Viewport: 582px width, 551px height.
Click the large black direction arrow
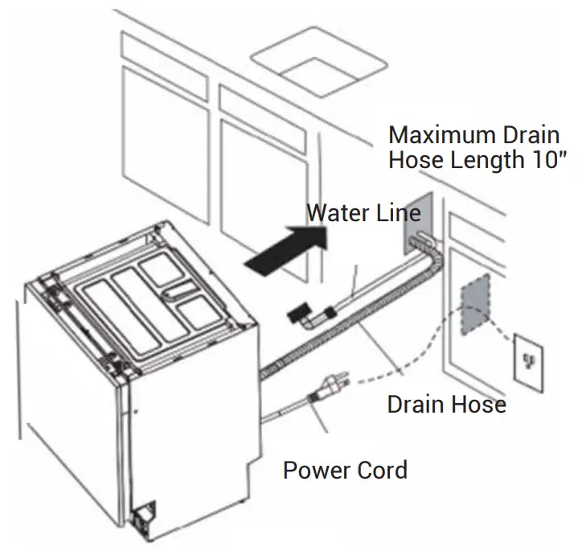click(x=285, y=249)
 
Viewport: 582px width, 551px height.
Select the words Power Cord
click(x=345, y=469)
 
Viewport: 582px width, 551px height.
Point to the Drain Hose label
click(x=446, y=404)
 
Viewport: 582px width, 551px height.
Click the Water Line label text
click(x=364, y=213)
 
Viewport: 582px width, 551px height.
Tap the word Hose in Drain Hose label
click(x=478, y=404)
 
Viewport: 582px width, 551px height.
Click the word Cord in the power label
click(x=381, y=469)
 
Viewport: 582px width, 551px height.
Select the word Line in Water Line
click(x=396, y=213)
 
